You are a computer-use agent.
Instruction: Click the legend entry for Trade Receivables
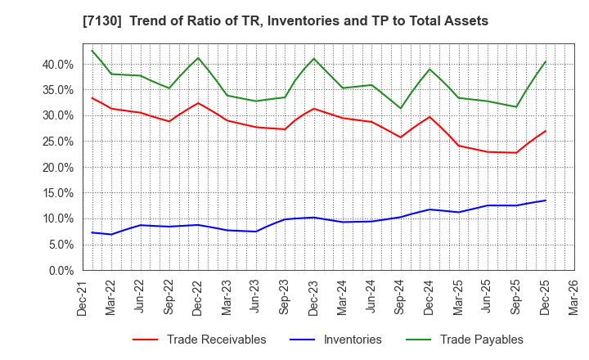[217, 340]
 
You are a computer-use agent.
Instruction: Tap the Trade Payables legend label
[481, 340]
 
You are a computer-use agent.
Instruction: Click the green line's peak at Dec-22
[198, 58]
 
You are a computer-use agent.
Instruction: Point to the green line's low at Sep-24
[400, 108]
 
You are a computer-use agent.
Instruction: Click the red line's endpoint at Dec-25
[546, 131]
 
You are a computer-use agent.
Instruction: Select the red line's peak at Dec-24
[429, 117]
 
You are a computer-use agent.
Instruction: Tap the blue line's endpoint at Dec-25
[546, 200]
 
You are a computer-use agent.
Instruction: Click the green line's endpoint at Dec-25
[546, 61]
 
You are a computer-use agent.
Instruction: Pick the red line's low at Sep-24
[400, 137]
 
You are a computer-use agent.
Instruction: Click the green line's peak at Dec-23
[313, 58]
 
